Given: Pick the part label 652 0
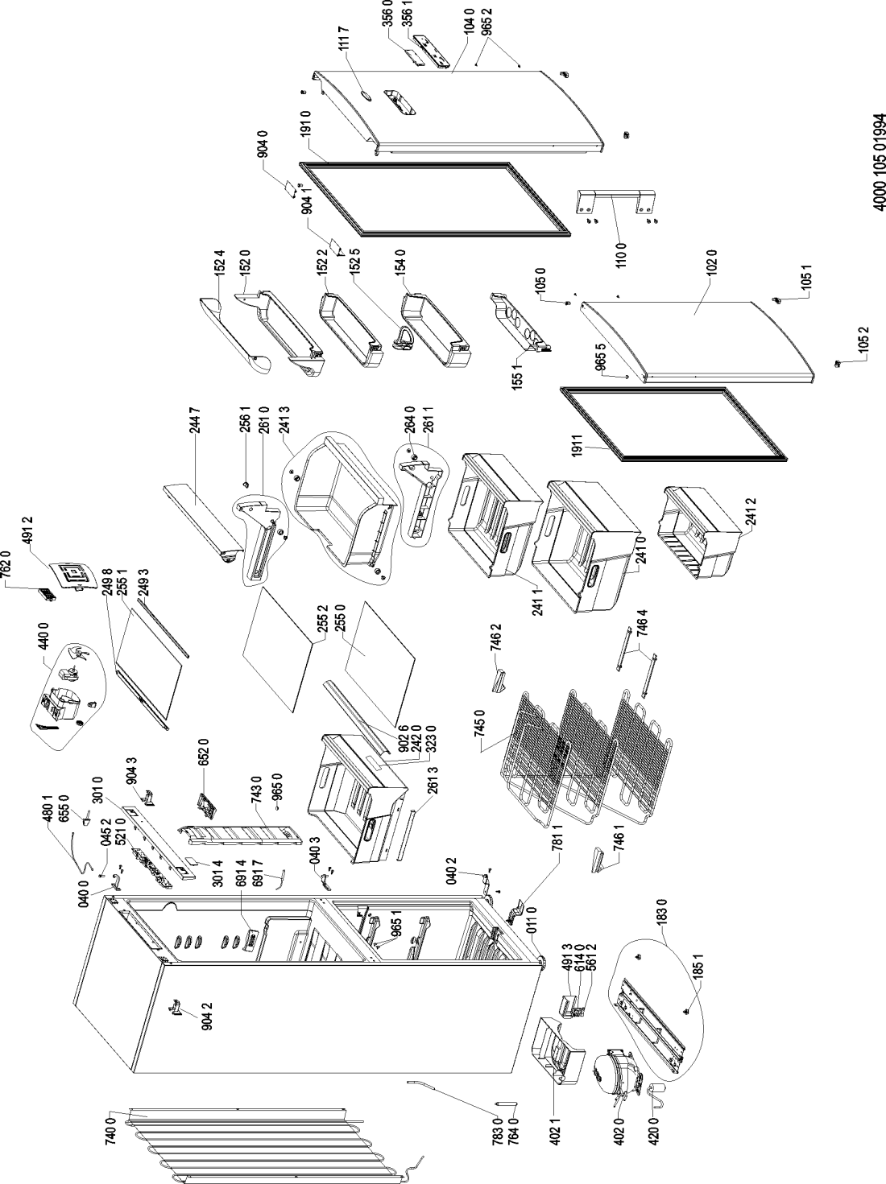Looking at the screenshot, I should tap(204, 761).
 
